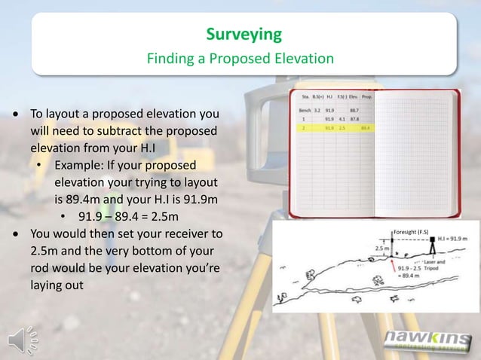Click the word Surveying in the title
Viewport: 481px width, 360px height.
[244, 34]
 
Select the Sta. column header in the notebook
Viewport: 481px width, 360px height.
[305, 97]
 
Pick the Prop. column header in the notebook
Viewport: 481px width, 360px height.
[367, 97]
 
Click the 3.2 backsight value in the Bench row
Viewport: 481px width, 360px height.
[317, 111]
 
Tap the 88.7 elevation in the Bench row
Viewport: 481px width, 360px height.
[354, 111]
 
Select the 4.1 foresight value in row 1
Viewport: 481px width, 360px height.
[342, 119]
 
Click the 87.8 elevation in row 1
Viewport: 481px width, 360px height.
[354, 119]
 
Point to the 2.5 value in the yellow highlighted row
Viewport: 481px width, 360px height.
[342, 128]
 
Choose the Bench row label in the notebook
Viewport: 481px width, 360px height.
[305, 111]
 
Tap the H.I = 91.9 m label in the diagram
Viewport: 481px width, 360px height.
[452, 238]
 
